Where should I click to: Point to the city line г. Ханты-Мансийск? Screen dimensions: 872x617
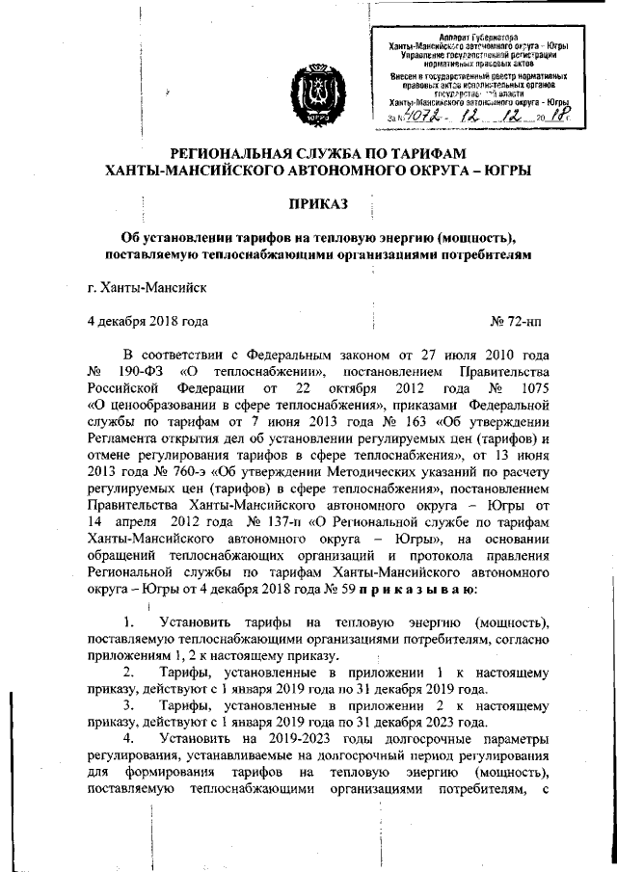pyautogui.click(x=146, y=286)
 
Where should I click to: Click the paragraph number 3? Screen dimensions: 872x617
pyautogui.click(x=128, y=705)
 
